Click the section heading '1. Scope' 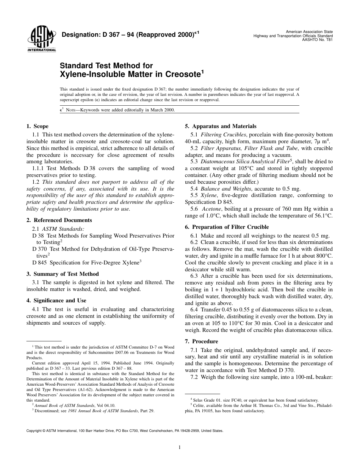(37, 126)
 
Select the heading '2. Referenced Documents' (59, 220)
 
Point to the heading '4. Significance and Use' (56, 300)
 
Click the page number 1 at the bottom (180, 447)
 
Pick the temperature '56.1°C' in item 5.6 (322, 216)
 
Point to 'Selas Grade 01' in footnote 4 (205, 400)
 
